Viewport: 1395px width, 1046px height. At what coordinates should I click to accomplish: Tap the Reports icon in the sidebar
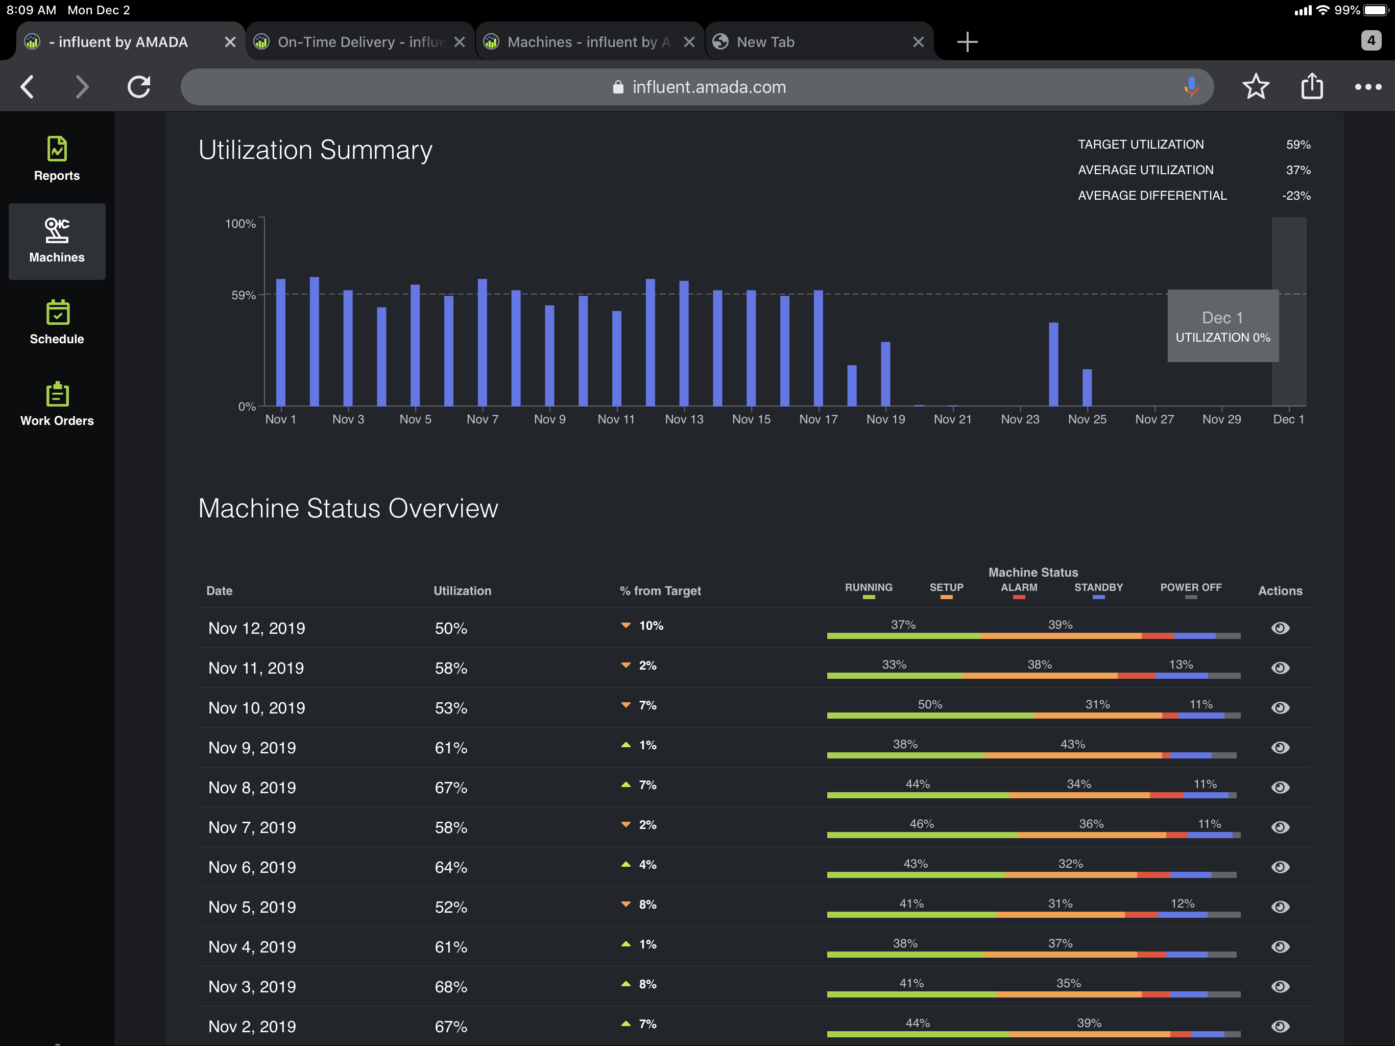click(x=57, y=158)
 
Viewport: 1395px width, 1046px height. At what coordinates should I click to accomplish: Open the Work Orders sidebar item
click(x=57, y=404)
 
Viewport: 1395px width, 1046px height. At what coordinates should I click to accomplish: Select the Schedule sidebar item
click(x=57, y=322)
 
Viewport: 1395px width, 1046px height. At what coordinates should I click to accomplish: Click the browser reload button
click(x=139, y=87)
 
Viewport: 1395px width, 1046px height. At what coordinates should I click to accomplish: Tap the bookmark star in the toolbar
click(x=1255, y=87)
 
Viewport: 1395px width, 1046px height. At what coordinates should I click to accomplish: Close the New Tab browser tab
click(x=918, y=42)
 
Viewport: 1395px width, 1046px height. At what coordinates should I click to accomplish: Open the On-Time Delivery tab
click(x=353, y=42)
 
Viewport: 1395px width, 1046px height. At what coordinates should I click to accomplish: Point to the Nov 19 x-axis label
click(x=885, y=419)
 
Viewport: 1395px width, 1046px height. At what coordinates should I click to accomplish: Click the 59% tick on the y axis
click(x=243, y=295)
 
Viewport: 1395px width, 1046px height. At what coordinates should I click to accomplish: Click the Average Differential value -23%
click(x=1296, y=196)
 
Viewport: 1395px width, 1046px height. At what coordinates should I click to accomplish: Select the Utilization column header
click(x=462, y=590)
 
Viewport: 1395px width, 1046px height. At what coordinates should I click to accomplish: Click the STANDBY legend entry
click(x=1098, y=588)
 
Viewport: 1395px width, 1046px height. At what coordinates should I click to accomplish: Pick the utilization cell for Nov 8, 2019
click(x=451, y=788)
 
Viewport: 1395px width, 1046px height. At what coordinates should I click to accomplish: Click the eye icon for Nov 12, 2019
click(x=1280, y=628)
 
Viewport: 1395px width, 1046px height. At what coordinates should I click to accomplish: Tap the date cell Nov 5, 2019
click(x=252, y=907)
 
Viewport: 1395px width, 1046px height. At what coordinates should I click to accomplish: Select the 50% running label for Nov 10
click(x=930, y=704)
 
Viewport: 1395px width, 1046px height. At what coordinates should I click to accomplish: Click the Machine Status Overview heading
click(x=348, y=509)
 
